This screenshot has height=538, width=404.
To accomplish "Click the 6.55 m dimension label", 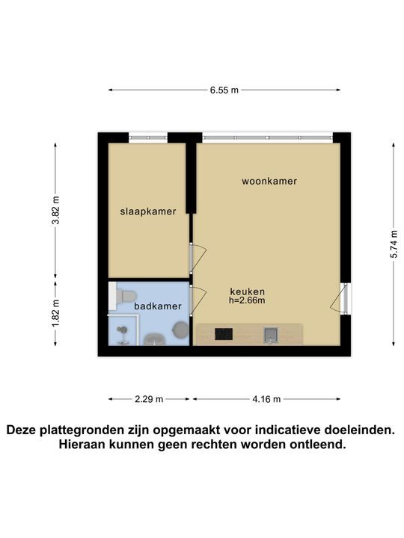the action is [x=224, y=90].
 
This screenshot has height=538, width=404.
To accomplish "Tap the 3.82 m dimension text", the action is [x=55, y=210].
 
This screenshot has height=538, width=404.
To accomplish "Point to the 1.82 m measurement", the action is [x=55, y=313].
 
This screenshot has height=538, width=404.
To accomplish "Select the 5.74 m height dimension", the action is [x=394, y=244].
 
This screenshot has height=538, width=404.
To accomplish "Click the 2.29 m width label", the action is [x=149, y=399].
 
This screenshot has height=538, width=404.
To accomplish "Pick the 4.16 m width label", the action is [x=266, y=399].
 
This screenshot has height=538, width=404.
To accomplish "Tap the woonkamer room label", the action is [x=269, y=181].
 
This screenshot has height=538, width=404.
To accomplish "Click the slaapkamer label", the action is [x=148, y=211].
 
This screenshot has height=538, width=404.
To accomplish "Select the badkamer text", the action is [x=158, y=306].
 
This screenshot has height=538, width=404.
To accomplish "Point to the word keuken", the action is [x=248, y=291].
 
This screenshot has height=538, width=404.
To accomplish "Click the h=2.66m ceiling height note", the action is [x=247, y=300].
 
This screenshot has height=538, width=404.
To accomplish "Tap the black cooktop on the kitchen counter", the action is [x=224, y=334].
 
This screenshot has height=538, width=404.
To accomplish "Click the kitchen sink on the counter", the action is [x=270, y=335].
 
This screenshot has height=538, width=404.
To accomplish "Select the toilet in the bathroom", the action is [x=123, y=296].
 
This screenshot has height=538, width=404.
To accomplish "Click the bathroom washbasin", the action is [x=155, y=339].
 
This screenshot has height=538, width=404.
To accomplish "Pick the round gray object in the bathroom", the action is [x=180, y=330].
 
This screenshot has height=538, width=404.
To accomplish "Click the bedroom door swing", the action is [x=198, y=256].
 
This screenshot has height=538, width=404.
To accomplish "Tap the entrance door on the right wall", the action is [x=338, y=298].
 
